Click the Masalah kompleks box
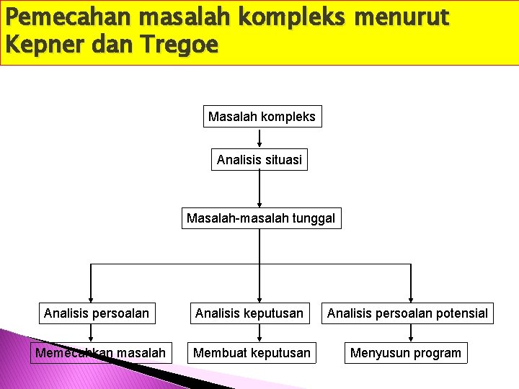[x=262, y=116]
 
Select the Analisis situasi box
[x=259, y=160]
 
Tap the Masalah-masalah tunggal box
[x=261, y=218]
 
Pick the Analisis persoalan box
[x=97, y=313]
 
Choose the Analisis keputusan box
[x=249, y=313]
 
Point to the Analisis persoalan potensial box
[x=407, y=313]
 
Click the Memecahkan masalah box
[x=100, y=353]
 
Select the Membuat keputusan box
[x=252, y=353]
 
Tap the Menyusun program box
[x=405, y=353]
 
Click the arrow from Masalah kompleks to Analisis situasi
[x=259, y=138]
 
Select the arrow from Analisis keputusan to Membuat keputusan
[x=259, y=333]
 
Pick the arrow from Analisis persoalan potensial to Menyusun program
[x=411, y=333]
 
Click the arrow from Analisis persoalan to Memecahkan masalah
[x=90, y=333]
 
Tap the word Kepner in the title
[x=43, y=44]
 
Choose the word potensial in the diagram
[x=458, y=313]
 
